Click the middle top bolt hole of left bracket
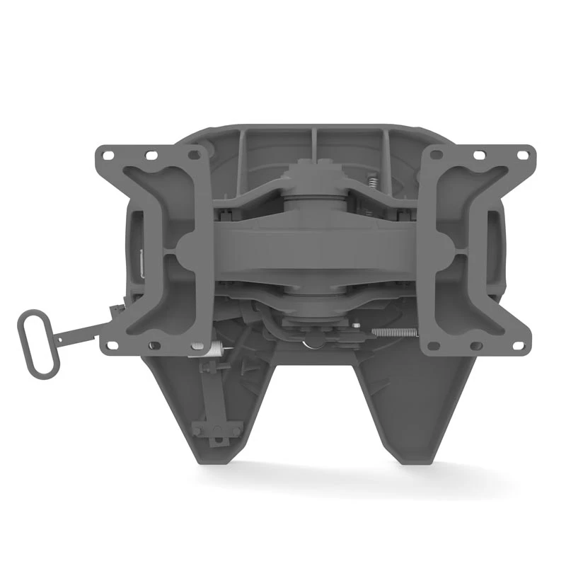tap(151, 154)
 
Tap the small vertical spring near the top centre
tap(371, 184)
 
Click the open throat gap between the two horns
tap(311, 410)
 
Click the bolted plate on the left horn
tap(213, 431)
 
